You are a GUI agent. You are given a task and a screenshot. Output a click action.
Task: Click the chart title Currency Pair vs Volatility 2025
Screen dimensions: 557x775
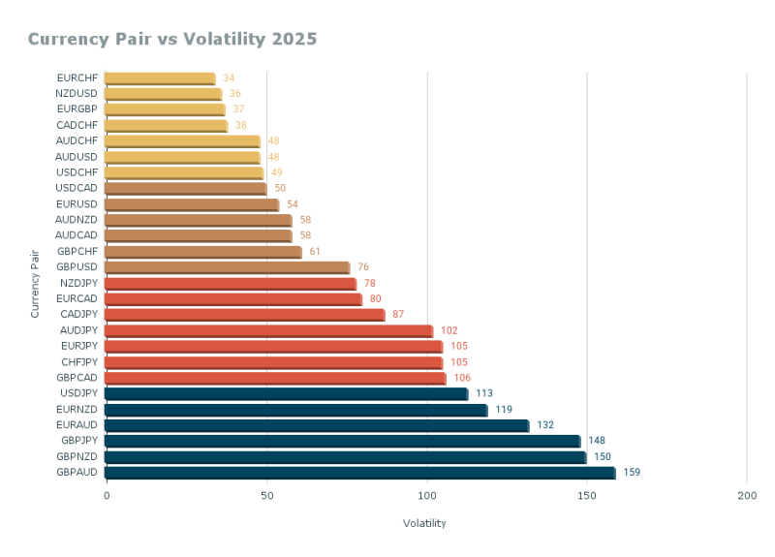[x=172, y=39]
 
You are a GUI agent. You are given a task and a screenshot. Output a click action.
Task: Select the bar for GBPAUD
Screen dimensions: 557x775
[x=359, y=473]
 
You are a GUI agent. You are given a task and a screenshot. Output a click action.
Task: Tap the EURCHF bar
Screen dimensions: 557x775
[x=159, y=78]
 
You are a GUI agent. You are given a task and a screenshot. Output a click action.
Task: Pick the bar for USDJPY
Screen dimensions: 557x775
[x=286, y=393]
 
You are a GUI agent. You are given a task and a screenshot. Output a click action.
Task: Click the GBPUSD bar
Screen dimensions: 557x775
[x=227, y=267]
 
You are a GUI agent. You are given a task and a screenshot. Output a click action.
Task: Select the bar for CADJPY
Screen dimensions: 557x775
[x=244, y=315]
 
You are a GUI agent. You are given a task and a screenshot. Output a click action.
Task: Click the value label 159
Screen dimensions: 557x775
[x=632, y=473]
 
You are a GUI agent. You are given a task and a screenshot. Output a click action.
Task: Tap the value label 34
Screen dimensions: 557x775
[x=229, y=78]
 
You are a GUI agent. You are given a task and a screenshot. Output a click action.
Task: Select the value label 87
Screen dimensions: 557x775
[x=398, y=315]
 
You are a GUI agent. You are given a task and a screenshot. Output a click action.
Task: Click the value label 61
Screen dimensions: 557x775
[x=315, y=252]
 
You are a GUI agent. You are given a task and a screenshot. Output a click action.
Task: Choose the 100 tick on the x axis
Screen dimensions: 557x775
[x=426, y=496]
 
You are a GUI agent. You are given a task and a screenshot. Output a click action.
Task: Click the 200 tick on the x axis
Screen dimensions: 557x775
[x=746, y=496]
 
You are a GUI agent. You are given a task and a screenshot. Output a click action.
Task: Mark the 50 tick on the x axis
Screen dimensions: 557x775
[x=266, y=496]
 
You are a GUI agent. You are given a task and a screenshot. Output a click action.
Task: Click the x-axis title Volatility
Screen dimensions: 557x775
[x=424, y=523]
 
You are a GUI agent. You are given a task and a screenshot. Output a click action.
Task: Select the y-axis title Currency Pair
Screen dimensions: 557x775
[x=35, y=283]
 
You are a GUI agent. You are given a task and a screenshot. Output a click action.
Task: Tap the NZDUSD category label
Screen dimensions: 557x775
[x=77, y=94]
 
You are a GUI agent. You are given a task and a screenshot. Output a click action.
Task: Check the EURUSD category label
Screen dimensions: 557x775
[x=77, y=204]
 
